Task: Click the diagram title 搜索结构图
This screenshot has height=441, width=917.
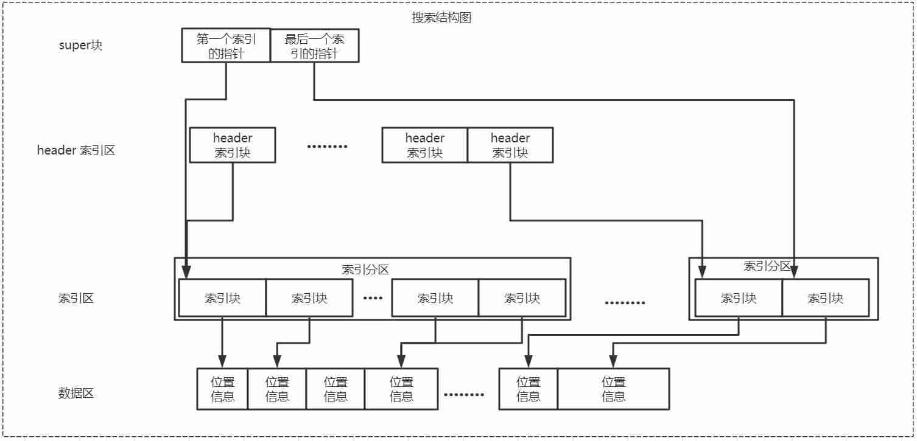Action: point(441,18)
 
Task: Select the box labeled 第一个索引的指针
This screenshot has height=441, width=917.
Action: point(226,46)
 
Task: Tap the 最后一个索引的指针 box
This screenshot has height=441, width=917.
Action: point(314,46)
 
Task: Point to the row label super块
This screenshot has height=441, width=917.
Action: point(80,45)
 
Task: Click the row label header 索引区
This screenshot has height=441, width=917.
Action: point(76,150)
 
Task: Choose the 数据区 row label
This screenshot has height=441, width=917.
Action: point(76,393)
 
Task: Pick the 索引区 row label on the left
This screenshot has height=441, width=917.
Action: point(76,298)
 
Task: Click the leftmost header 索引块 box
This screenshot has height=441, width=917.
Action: point(233,145)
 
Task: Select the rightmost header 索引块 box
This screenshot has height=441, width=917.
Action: point(510,145)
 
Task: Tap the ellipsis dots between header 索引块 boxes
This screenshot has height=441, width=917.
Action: point(327,146)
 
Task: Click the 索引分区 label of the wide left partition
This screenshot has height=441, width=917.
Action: point(365,269)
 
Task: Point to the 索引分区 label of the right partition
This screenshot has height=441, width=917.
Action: point(767,266)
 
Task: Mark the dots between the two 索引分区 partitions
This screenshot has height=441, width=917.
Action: point(625,303)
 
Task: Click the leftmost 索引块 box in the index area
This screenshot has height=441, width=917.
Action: point(222,298)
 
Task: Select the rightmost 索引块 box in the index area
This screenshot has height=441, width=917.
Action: point(825,298)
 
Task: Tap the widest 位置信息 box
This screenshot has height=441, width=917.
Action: point(613,389)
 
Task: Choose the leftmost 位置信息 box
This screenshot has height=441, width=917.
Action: point(222,389)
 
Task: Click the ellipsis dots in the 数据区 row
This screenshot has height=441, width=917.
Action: point(464,395)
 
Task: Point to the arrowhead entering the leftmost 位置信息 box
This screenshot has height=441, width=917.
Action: point(222,362)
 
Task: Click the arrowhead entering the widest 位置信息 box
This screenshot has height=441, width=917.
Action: point(613,362)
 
